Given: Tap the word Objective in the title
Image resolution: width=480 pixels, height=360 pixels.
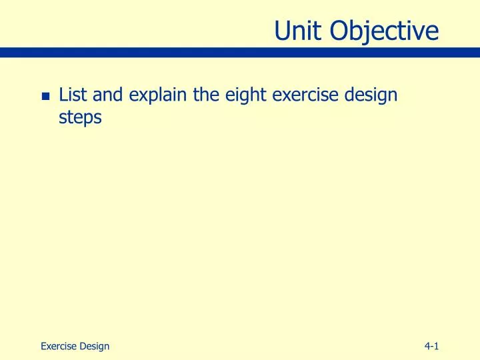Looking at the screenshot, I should coord(385,30).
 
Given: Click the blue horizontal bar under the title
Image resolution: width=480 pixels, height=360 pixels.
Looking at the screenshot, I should coord(240,52).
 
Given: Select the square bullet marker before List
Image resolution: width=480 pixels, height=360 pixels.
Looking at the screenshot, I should coord(45,97).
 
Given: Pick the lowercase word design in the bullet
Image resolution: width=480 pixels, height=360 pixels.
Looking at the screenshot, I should coord(369,95).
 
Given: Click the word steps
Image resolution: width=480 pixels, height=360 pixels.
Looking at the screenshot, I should coord(80,117).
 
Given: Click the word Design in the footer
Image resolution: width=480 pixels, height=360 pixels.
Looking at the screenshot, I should coord(94,345).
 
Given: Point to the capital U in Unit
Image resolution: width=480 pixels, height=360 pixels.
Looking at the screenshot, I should coord(283,30).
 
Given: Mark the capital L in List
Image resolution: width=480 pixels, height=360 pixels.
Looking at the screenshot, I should coord(63,95).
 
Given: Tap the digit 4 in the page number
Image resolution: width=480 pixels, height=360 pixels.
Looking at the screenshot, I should coord(427,345).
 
